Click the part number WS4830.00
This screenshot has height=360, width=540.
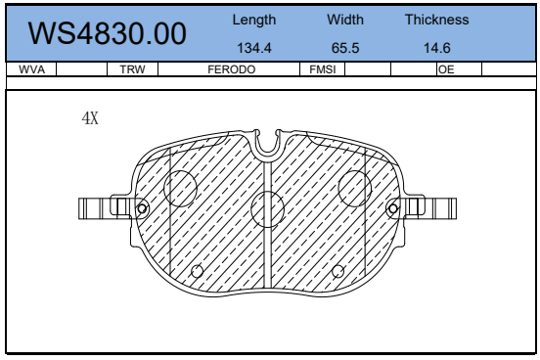[x=107, y=33]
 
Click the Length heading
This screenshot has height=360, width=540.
[x=254, y=20]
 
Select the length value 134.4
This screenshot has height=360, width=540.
[x=254, y=48]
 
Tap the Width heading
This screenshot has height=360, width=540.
[x=345, y=20]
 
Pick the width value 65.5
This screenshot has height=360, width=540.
[x=345, y=48]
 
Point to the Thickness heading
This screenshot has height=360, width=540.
[x=436, y=20]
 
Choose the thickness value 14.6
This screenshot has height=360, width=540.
[x=436, y=48]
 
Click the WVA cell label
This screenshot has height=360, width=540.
[x=31, y=69]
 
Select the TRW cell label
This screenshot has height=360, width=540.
[x=133, y=69]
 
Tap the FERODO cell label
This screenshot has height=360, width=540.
[x=232, y=69]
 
